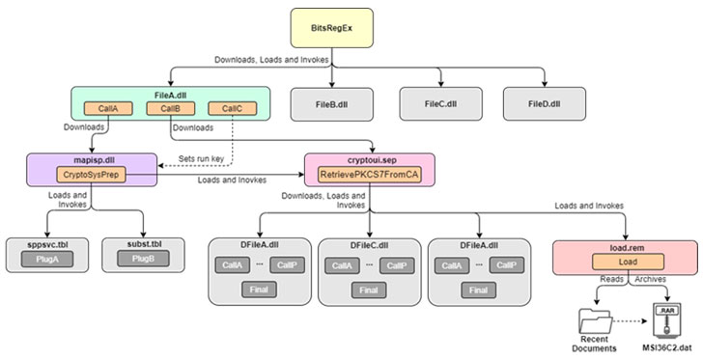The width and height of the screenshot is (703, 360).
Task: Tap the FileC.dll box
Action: coord(439,103)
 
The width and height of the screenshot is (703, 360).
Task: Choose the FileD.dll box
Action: coord(544,103)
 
